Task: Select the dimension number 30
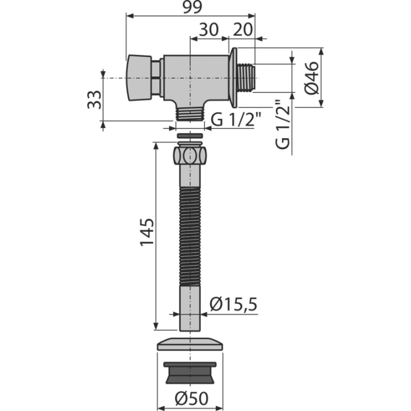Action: click(209, 29)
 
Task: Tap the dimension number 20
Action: click(243, 29)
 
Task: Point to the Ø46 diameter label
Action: click(312, 78)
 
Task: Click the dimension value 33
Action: click(94, 99)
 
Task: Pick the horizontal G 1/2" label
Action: click(236, 119)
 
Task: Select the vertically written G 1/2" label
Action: click(283, 124)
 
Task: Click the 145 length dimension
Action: click(147, 232)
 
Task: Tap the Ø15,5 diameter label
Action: click(233, 304)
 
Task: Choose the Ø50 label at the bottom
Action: click(192, 398)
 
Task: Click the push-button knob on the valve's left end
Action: click(139, 78)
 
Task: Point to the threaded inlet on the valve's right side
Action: click(246, 78)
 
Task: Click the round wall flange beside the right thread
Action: click(233, 78)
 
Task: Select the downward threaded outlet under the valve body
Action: click(190, 114)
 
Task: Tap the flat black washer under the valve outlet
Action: click(190, 136)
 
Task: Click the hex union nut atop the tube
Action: click(190, 156)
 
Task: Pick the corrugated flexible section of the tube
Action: click(190, 236)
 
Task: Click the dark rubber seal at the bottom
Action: click(190, 373)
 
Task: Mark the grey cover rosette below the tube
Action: click(190, 344)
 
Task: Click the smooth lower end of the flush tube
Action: click(190, 308)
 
